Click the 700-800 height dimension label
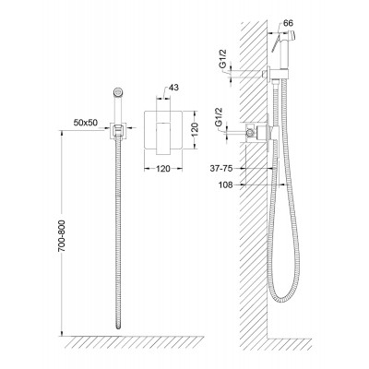[62, 235]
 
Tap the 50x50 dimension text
[86, 123]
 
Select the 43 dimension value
[173, 88]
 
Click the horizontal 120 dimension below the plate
[163, 169]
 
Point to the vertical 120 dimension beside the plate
[196, 131]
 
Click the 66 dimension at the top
[288, 23]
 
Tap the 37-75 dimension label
[220, 168]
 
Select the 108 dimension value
[225, 184]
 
